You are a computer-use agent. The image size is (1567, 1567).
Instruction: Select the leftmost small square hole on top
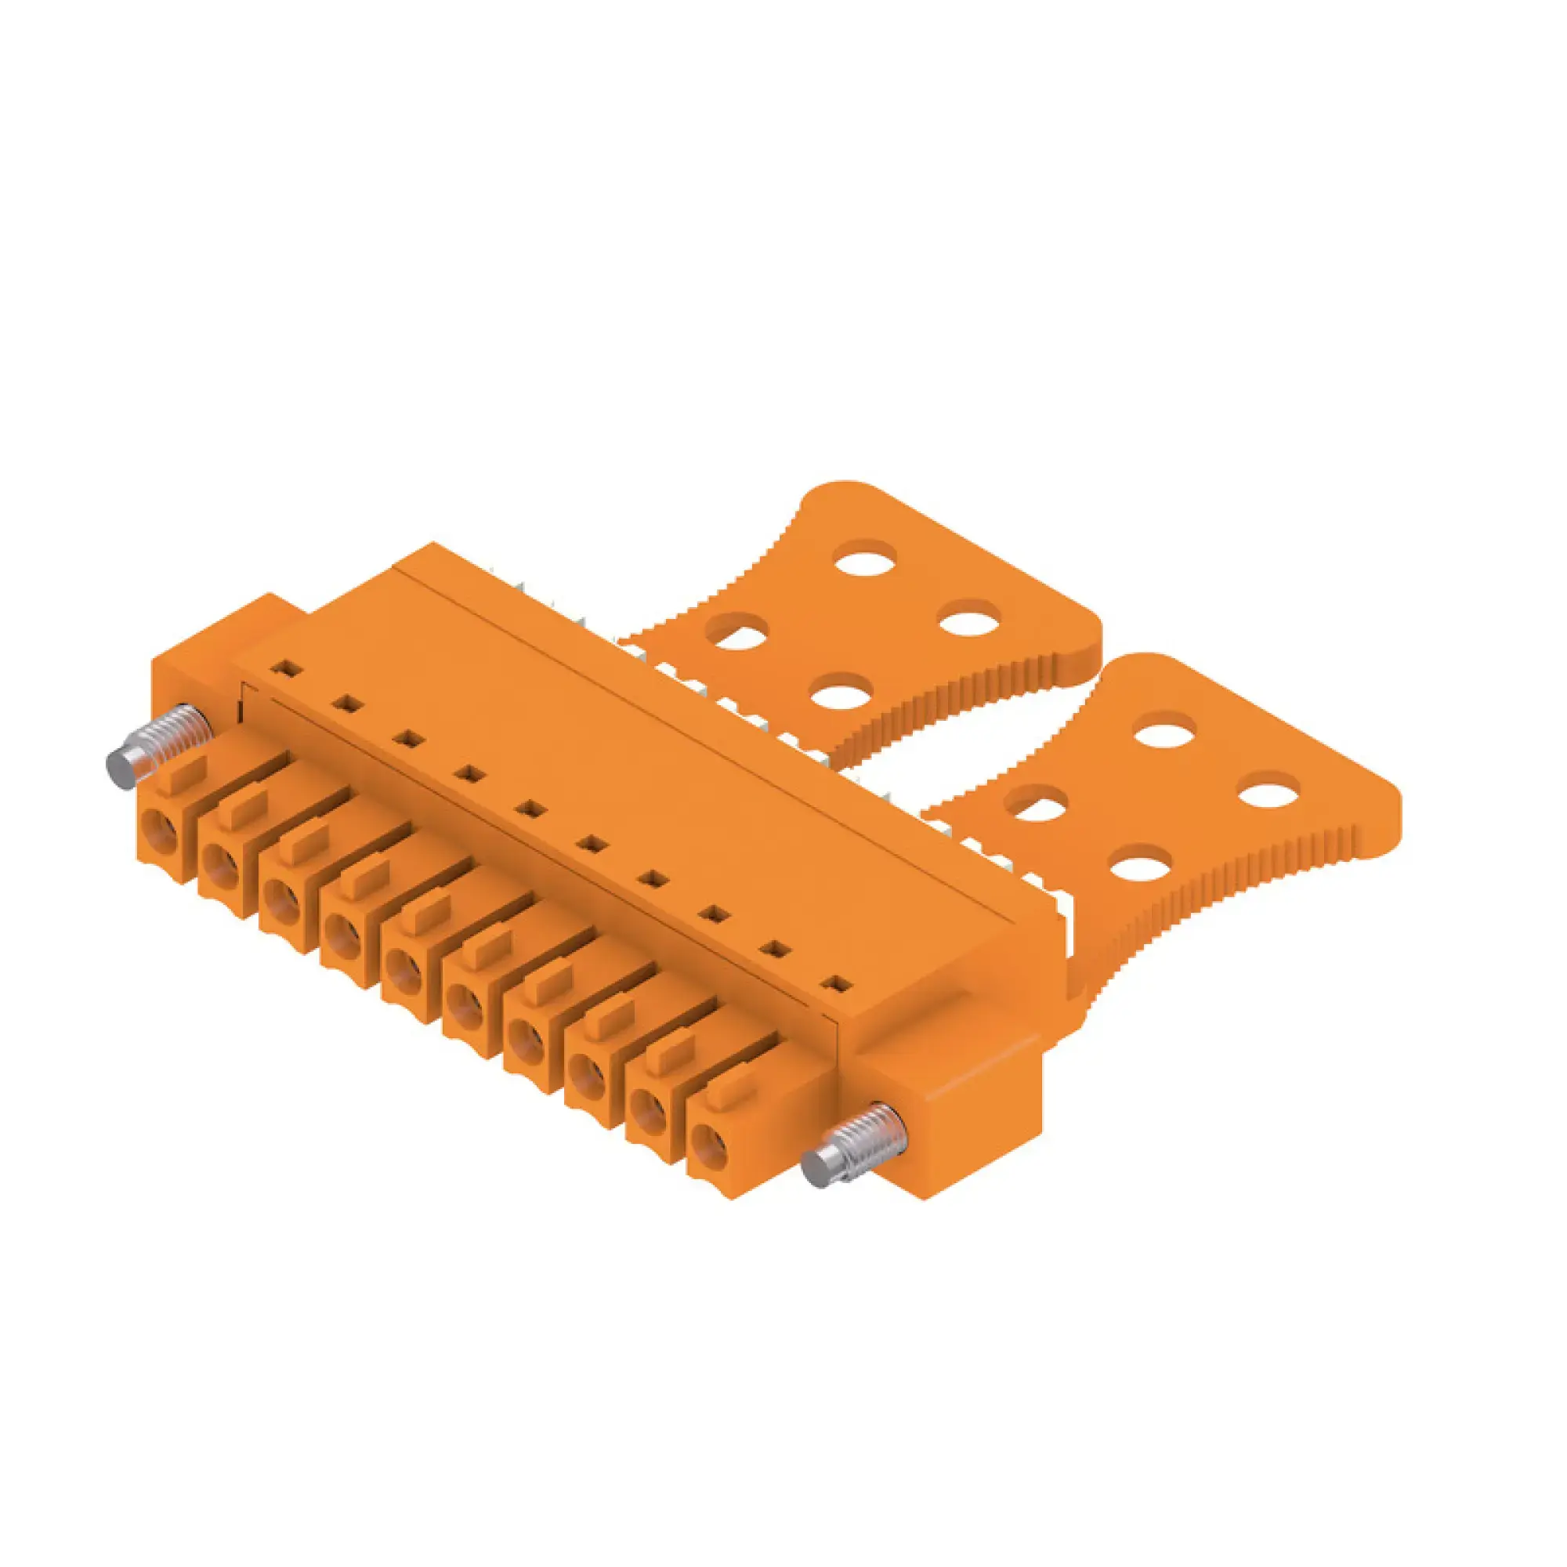coord(285,669)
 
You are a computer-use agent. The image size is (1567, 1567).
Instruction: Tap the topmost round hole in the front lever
coord(1165,734)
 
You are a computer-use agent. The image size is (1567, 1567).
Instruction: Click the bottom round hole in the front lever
coord(1139,867)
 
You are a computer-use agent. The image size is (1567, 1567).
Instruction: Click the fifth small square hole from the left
coord(530,809)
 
